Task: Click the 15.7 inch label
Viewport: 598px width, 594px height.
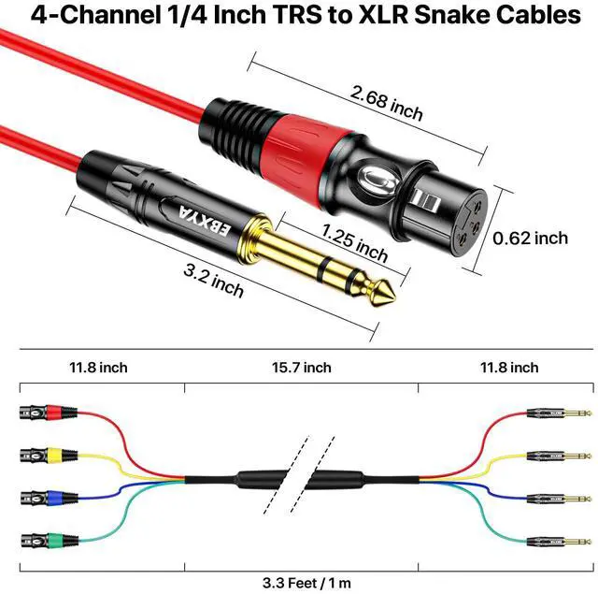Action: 301,367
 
